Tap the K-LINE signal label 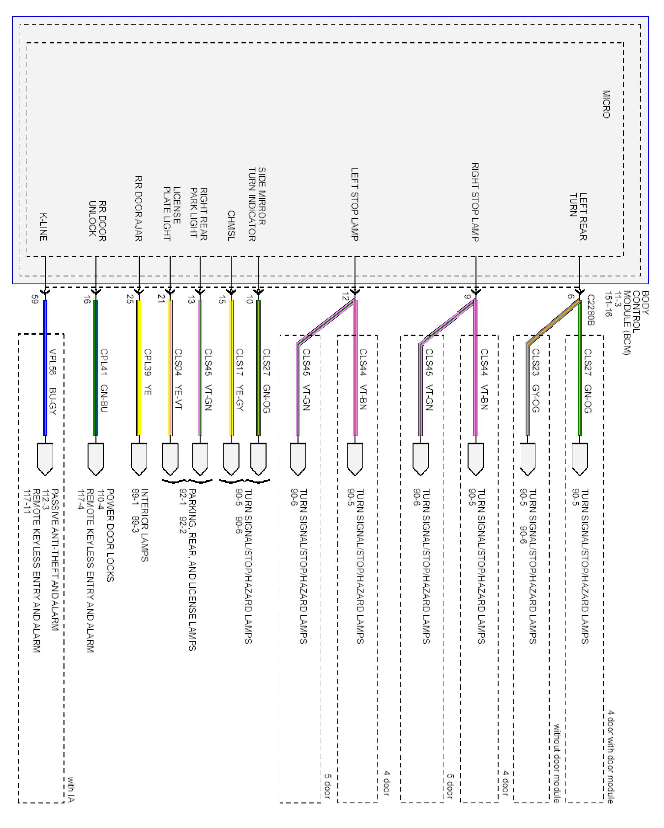[43, 227]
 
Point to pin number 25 [130, 299]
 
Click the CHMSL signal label [231, 225]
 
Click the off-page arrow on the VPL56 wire [45, 459]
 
